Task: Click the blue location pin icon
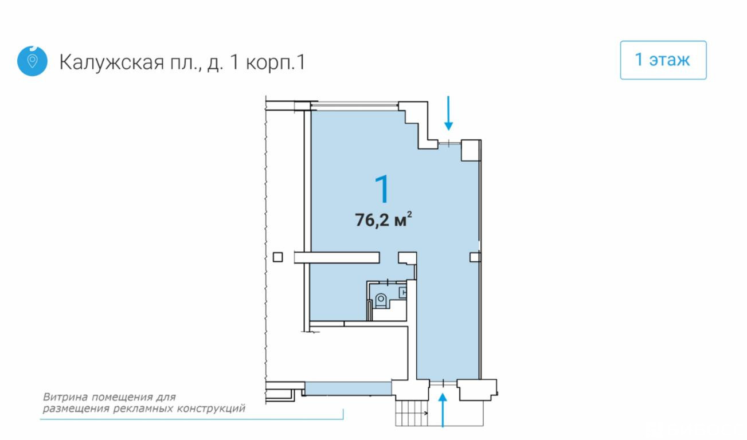pos(32,61)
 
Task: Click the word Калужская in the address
pos(112,62)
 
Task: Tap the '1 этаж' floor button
pos(663,60)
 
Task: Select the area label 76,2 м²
pos(383,219)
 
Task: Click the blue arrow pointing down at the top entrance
pos(448,113)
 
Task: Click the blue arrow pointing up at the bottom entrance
pos(443,410)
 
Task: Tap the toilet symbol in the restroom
pos(381,300)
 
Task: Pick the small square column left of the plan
pos(278,257)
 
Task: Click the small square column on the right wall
pos(475,257)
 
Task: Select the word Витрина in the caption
pos(65,397)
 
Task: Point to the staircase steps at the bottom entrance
pos(412,413)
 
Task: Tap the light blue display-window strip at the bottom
pos(349,388)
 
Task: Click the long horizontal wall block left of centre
pos(337,258)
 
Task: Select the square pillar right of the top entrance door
pos(471,150)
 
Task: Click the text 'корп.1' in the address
pos(276,62)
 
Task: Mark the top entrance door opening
pos(449,143)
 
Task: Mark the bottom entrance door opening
pos(443,383)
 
